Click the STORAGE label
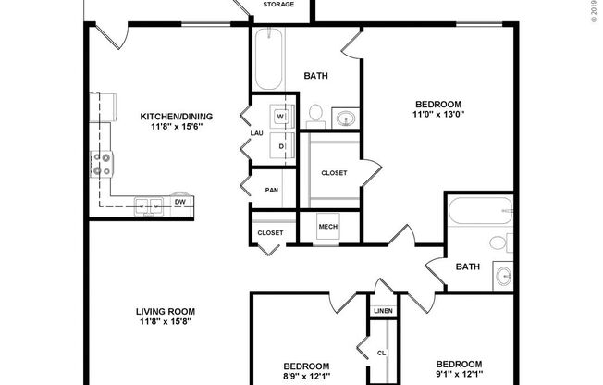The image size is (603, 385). [x=278, y=5]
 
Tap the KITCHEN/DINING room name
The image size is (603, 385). [x=176, y=116]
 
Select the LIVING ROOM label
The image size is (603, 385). [x=166, y=311]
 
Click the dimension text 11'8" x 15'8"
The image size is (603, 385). [x=166, y=323]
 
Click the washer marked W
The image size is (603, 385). [x=281, y=117]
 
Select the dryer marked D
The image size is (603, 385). [x=281, y=145]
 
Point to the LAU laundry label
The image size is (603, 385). [x=257, y=133]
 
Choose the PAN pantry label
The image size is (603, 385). [x=271, y=190]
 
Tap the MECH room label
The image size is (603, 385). [x=328, y=227]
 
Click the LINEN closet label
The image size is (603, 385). [x=383, y=311]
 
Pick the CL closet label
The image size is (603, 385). [x=380, y=353]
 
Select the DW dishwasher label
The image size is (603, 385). [x=180, y=202]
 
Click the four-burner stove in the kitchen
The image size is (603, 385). [x=101, y=165]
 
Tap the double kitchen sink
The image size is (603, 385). [x=148, y=205]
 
